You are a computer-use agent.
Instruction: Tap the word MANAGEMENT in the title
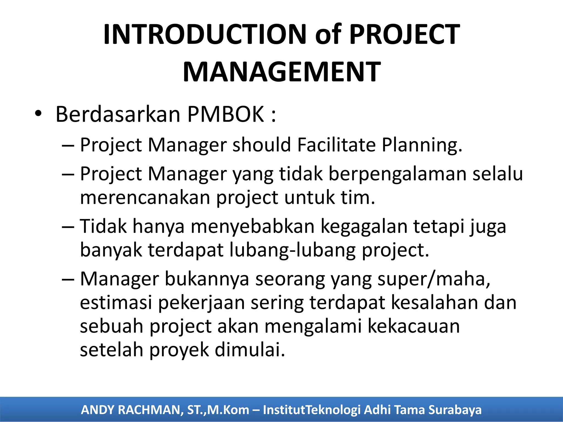(x=282, y=72)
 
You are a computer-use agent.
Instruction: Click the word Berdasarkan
(x=118, y=114)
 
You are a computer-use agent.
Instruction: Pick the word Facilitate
(x=336, y=145)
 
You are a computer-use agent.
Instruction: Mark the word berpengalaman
(x=398, y=174)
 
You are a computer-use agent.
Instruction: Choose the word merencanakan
(x=145, y=198)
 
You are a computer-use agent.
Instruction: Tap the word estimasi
(x=116, y=302)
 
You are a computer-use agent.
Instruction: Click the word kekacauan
(x=413, y=326)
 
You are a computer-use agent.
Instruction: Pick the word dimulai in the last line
(x=250, y=350)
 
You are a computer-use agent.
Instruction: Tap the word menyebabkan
(x=252, y=227)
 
